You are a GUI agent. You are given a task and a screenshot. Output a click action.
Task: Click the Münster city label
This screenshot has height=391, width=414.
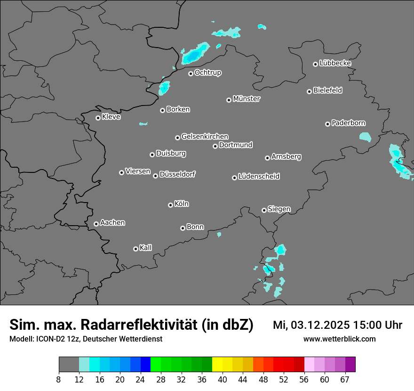coord(247,99)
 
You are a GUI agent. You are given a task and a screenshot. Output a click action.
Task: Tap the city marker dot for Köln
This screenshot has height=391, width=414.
coord(170,205)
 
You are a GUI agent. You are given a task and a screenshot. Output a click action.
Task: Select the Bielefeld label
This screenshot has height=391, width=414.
coord(327,90)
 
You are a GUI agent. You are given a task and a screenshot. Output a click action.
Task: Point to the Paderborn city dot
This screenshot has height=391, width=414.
coord(327,124)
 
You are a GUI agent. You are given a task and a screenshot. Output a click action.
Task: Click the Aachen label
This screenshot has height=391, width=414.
coord(112,223)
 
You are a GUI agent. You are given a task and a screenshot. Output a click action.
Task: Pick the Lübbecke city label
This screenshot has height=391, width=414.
coord(335,63)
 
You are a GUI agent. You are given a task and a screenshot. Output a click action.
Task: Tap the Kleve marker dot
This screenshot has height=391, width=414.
coord(98,118)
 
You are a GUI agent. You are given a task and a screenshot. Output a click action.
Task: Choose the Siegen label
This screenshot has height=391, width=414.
coord(279,209)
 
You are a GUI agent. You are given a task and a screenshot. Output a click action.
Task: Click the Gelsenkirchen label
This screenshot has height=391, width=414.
coord(205,137)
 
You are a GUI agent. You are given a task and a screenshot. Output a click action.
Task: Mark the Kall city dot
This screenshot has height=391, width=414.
coord(135,249)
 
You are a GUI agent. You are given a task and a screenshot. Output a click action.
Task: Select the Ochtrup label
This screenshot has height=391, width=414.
coord(208,73)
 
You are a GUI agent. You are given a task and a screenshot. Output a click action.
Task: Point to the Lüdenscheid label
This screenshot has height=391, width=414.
coord(259,177)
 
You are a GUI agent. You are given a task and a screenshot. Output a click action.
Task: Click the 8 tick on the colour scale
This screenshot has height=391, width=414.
coord(59,379)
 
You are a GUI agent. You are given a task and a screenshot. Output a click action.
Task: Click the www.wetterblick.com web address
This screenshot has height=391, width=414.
coord(339,339)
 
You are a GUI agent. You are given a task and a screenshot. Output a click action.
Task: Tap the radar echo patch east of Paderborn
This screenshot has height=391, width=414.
coord(365,137)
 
